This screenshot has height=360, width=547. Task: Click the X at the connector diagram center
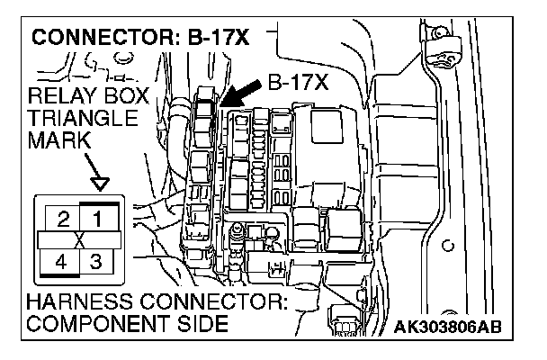coord(80,240)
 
